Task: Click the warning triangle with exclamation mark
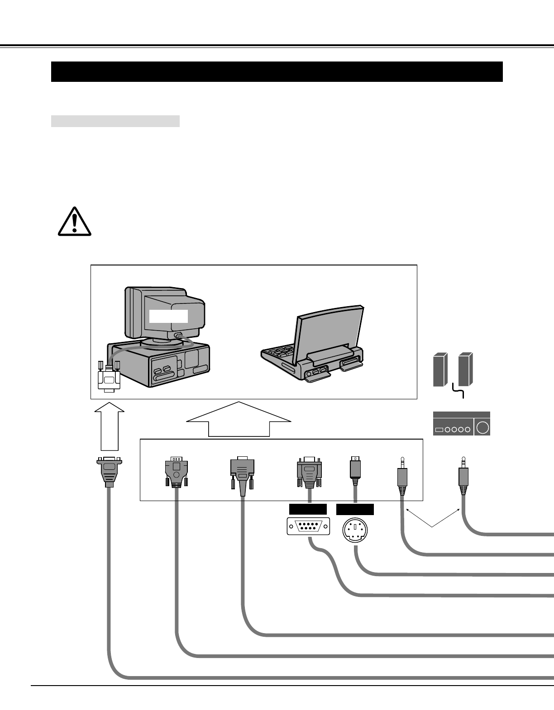75,222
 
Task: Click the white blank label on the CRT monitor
168,316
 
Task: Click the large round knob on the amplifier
482,427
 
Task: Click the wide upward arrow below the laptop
239,419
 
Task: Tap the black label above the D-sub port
308,509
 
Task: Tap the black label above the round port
355,509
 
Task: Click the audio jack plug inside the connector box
402,477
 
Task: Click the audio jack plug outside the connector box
463,477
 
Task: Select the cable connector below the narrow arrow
109,471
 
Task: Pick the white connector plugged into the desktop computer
109,377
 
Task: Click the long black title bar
277,71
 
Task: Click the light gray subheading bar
115,121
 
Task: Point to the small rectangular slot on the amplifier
439,429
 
